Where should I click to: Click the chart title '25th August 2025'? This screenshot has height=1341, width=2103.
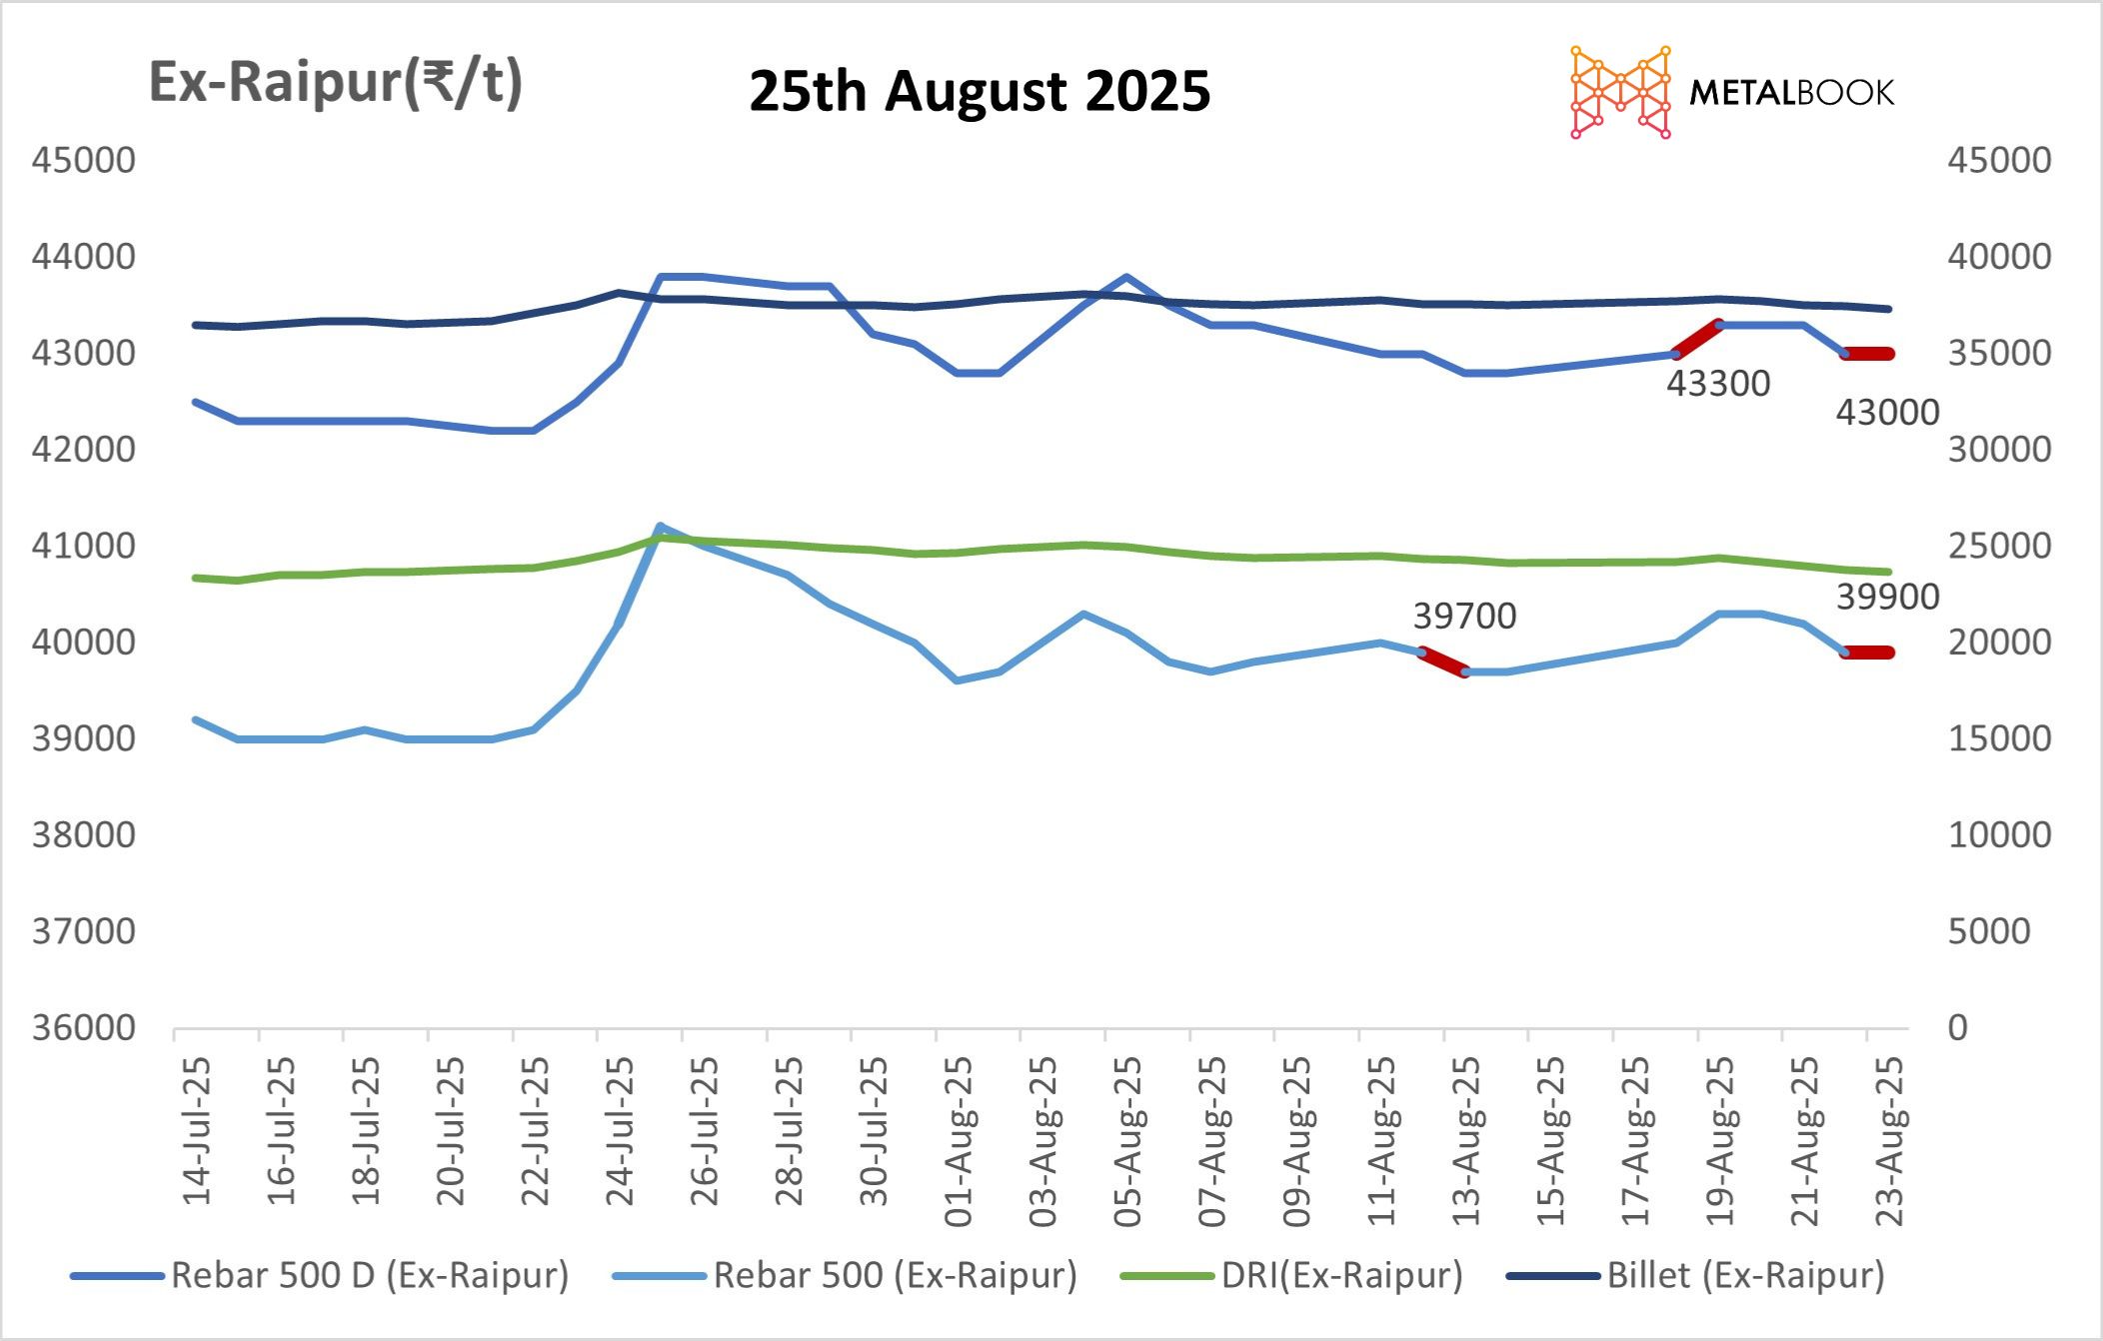980,91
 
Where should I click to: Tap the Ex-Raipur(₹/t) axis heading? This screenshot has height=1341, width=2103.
335,82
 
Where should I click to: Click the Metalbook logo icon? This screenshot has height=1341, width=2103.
1620,92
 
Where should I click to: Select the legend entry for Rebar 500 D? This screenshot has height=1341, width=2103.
320,1275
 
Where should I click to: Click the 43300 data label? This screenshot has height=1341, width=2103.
1717,384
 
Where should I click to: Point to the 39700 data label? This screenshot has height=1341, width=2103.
1464,617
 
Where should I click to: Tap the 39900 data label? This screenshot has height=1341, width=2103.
1887,598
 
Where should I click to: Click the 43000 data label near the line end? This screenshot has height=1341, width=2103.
1887,413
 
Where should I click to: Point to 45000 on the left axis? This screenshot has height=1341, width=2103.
84,160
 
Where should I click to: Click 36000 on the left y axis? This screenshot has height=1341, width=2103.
84,1027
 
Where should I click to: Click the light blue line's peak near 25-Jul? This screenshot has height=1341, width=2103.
660,526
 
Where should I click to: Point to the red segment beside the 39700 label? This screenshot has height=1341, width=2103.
1443,662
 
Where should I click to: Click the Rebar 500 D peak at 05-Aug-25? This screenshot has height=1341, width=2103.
1126,277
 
